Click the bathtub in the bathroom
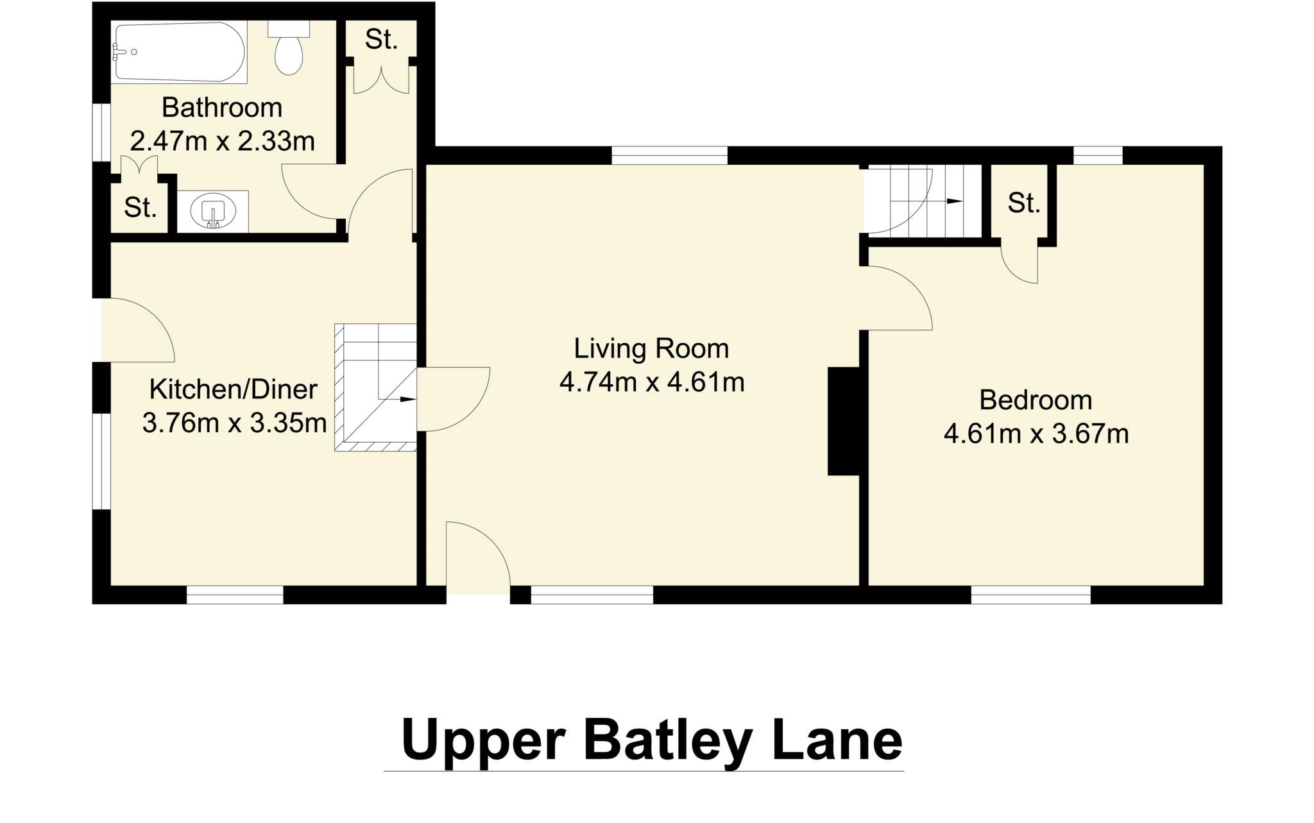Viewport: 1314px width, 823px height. [178, 52]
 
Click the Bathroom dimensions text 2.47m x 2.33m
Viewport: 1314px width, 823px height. [222, 141]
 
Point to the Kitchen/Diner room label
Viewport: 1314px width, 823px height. [233, 389]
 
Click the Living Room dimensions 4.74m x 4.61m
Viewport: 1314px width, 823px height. [651, 383]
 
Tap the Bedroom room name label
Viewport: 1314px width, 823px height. [1035, 400]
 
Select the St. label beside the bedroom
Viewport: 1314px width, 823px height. [1023, 203]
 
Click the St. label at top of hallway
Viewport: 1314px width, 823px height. [381, 40]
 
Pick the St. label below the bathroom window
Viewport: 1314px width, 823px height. [140, 207]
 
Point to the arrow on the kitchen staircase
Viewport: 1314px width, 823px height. [407, 399]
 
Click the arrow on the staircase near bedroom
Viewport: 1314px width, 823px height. [955, 201]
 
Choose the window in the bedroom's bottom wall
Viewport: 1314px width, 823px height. [1030, 595]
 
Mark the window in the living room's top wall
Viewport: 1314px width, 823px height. [669, 155]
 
